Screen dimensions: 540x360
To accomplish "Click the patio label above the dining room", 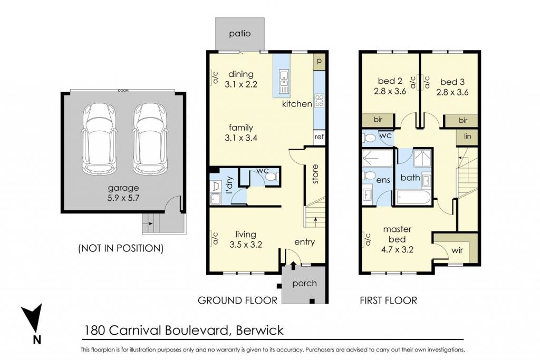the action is (240, 34).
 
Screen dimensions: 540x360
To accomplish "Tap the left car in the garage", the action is (99, 139).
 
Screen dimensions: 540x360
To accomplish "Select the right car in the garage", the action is (150, 139).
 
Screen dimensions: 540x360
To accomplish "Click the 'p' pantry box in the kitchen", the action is (319, 61).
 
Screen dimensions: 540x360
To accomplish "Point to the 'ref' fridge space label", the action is (319, 137).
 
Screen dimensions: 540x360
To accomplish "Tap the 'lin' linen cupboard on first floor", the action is (467, 137).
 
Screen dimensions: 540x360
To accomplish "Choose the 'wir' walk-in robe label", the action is (457, 250).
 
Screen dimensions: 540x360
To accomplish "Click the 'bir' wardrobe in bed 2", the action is (378, 120).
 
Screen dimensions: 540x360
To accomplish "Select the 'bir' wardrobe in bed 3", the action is (462, 121).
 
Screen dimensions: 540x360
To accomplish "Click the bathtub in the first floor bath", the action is (413, 198).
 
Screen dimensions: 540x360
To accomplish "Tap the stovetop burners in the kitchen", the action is (320, 101).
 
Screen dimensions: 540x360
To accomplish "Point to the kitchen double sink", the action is (284, 81).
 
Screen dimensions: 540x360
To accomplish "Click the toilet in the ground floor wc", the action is (271, 177).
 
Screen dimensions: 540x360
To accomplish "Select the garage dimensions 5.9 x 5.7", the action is (123, 198).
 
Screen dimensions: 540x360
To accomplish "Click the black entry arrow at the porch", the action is (293, 265).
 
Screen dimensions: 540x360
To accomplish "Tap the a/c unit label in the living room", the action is (215, 239).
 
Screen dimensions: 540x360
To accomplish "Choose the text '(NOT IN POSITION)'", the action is (121, 248).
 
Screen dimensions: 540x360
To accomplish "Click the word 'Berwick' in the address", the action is (259, 330).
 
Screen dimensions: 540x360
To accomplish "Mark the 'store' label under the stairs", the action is (315, 174).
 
